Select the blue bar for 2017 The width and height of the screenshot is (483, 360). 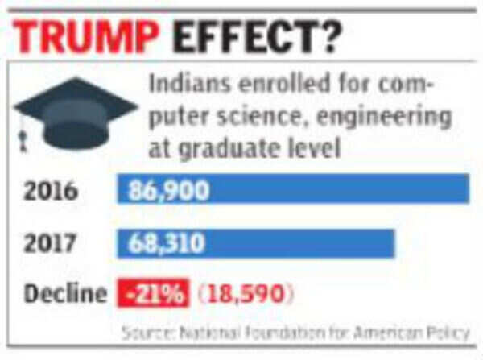(256, 242)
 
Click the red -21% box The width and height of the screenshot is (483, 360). (154, 294)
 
